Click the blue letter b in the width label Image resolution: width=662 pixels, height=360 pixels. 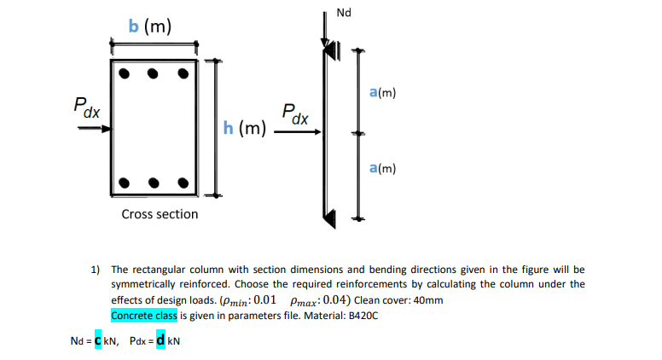click(x=134, y=26)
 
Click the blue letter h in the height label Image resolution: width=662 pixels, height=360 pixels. click(x=228, y=128)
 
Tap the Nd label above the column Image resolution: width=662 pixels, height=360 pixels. click(x=344, y=13)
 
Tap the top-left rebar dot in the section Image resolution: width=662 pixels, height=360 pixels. click(x=125, y=73)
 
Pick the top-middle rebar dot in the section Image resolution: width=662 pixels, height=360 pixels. click(x=154, y=73)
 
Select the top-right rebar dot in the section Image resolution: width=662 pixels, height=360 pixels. click(x=183, y=73)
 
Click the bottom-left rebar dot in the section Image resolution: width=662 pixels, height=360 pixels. click(x=125, y=182)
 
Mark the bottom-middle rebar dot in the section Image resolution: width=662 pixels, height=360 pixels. click(x=154, y=182)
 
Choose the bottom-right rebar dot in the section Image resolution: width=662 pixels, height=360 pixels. click(x=183, y=182)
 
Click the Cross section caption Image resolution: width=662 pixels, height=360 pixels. click(x=160, y=214)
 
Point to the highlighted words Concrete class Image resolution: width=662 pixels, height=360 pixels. click(x=143, y=316)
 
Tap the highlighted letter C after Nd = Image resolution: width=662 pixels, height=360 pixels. click(x=97, y=341)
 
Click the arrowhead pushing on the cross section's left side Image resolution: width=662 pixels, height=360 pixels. click(x=106, y=129)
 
